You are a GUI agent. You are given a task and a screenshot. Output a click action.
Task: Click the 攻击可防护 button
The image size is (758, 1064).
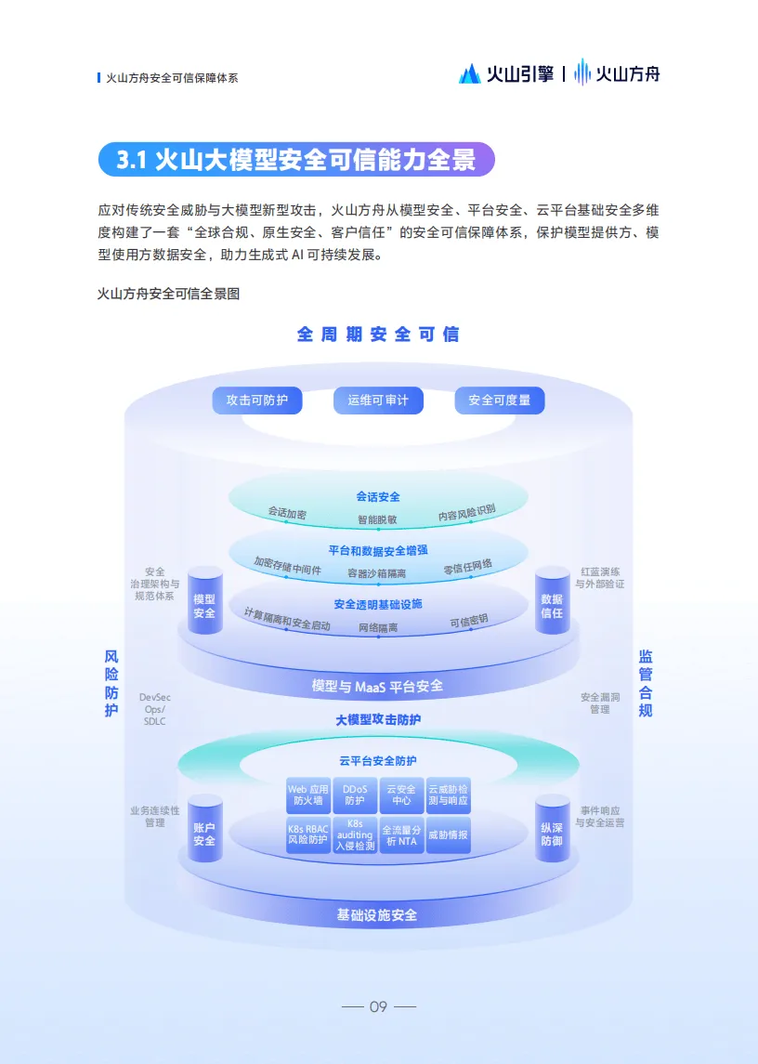pyautogui.click(x=257, y=401)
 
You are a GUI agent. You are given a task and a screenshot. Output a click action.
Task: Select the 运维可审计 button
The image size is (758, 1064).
pyautogui.click(x=378, y=401)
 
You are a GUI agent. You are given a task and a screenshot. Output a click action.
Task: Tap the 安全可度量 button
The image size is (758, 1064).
pyautogui.click(x=500, y=401)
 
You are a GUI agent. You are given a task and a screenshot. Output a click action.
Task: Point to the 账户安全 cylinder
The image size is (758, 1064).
pyautogui.click(x=204, y=829)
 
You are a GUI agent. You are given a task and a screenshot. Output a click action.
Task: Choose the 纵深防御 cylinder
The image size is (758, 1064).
pyautogui.click(x=552, y=829)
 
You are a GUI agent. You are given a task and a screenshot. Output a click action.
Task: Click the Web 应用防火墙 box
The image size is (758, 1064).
pyautogui.click(x=307, y=795)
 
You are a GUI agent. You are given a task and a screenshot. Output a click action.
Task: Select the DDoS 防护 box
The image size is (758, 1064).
pyautogui.click(x=355, y=795)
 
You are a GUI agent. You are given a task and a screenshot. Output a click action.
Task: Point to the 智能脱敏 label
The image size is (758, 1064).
pyautogui.click(x=378, y=519)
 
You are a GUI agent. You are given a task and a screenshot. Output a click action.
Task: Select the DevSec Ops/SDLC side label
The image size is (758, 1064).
pyautogui.click(x=154, y=709)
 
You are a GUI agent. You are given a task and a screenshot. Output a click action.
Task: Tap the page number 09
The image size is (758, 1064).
pyautogui.click(x=378, y=1006)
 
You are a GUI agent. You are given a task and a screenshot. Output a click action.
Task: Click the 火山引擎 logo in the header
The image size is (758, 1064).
pyautogui.click(x=506, y=73)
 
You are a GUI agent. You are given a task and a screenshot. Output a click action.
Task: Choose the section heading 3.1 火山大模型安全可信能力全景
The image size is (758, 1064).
pyautogui.click(x=296, y=160)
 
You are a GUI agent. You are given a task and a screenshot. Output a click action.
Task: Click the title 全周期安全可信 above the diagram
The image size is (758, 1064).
pyautogui.click(x=378, y=334)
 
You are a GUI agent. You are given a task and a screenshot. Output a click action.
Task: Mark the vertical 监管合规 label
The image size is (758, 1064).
pyautogui.click(x=646, y=683)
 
